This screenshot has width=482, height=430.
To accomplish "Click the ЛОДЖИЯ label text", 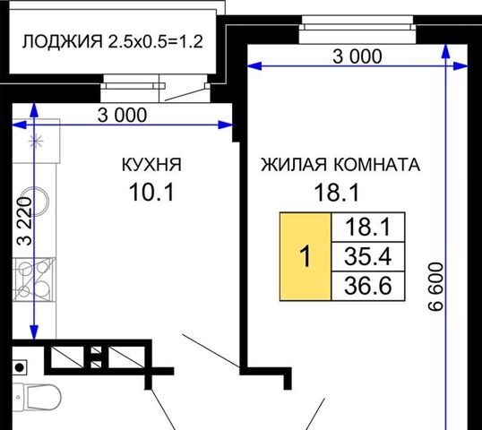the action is tap(62, 41).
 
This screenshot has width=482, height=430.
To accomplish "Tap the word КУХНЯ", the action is tap(151, 165).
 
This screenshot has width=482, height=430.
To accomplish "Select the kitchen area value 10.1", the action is tap(151, 192).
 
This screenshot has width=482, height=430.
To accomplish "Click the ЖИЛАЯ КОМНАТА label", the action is tap(340, 165).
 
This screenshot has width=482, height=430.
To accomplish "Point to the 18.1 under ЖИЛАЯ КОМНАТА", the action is tap(336, 193).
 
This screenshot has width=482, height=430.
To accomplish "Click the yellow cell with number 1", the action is tap(306, 256).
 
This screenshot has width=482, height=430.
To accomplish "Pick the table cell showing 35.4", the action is tap(368, 256).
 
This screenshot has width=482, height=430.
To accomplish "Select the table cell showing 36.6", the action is tap(368, 286).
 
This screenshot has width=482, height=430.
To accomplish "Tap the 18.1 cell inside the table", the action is tap(368, 228).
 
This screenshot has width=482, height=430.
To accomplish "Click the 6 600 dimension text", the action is tap(436, 287).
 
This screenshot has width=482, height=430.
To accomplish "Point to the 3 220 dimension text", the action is tap(24, 221).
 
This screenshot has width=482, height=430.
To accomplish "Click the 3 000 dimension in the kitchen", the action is tap(122, 116).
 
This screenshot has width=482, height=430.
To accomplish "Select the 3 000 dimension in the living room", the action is tap(357, 56).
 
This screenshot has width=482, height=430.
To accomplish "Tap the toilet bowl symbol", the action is tap(41, 397).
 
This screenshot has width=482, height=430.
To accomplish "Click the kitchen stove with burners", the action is tap(34, 279).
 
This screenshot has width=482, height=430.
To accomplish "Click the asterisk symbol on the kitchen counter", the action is tap(36, 142).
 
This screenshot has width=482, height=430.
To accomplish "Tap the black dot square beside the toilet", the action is tap(20, 367).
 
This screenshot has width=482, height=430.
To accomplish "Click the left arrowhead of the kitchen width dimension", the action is tap(19, 125).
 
